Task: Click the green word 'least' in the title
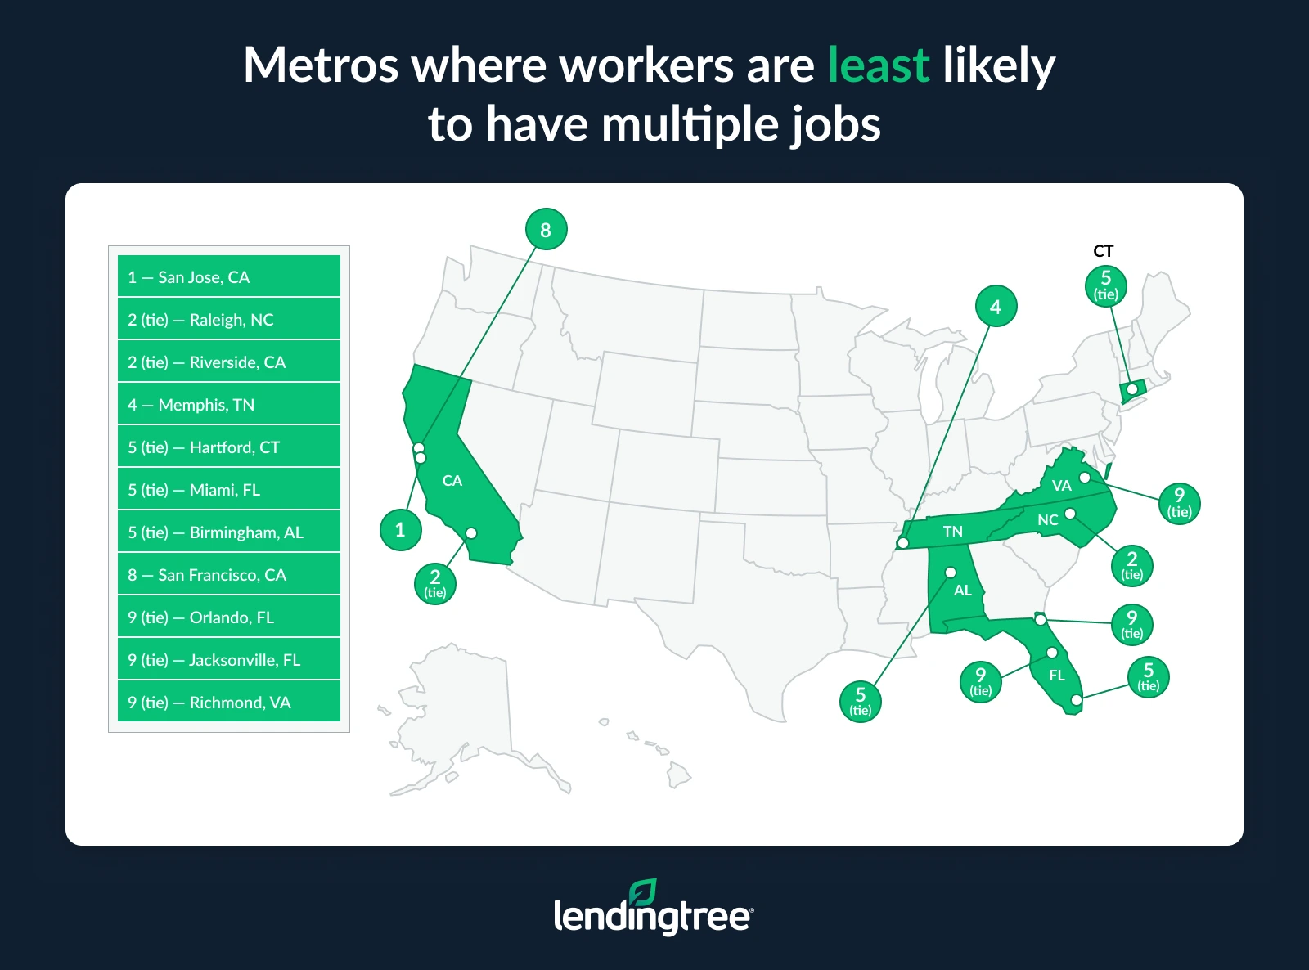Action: (879, 65)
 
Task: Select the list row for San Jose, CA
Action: (228, 276)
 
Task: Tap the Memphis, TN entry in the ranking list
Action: (228, 404)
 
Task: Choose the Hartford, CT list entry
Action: (228, 447)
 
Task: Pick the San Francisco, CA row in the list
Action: (228, 574)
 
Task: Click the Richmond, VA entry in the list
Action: (228, 702)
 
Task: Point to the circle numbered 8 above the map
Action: (546, 230)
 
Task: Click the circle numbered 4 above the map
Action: (996, 307)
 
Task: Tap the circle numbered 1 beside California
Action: (401, 530)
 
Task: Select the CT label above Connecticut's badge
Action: (1104, 251)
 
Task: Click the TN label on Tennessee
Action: (953, 532)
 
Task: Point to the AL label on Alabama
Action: (963, 591)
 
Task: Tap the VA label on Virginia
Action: (1061, 486)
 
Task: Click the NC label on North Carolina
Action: (1047, 520)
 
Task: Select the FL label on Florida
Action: (1057, 676)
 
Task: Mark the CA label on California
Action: (452, 481)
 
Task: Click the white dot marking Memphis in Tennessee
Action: (903, 543)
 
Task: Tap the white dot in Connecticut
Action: (1132, 389)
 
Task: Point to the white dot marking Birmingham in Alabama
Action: (951, 573)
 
